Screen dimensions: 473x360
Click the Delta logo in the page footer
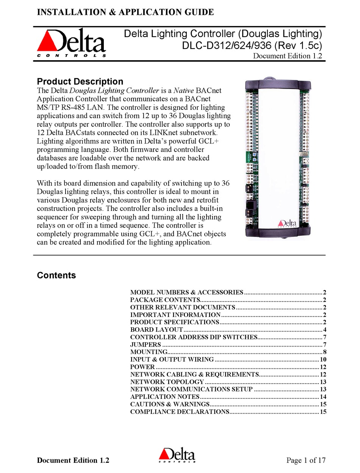(x=177, y=456)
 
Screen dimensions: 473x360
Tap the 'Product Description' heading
(x=80, y=81)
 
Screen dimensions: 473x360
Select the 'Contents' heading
(x=56, y=275)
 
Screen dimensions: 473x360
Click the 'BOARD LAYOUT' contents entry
(x=157, y=330)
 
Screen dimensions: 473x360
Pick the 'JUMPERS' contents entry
(x=146, y=345)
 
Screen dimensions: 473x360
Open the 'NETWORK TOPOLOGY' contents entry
(x=167, y=382)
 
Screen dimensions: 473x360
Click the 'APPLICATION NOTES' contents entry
(x=165, y=397)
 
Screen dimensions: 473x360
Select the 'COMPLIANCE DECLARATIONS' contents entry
(x=180, y=412)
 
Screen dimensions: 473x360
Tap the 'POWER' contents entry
(x=142, y=367)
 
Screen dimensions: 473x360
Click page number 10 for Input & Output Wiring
(x=323, y=360)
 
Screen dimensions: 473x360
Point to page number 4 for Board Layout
(x=325, y=330)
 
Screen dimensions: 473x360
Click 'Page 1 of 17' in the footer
(x=306, y=461)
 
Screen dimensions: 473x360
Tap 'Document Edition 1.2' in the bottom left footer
(x=73, y=461)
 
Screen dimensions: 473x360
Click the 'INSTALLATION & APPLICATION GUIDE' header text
(x=125, y=12)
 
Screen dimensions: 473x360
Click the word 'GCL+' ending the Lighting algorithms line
(x=214, y=141)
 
